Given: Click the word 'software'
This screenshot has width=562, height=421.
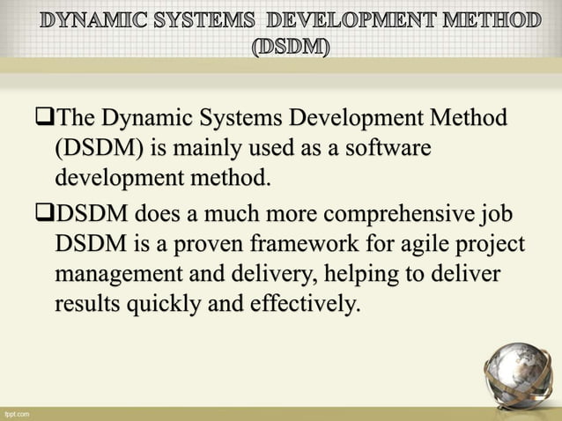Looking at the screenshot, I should [388, 149].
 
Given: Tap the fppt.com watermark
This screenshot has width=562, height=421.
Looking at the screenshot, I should [17, 412].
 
